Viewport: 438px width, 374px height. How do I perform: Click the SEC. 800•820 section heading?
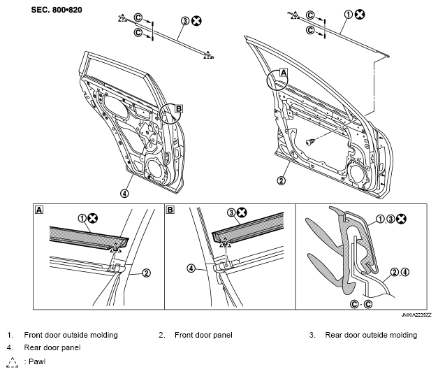tap(57, 10)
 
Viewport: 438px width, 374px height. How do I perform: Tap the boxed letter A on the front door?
tap(283, 73)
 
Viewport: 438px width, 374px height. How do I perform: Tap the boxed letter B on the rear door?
tap(179, 108)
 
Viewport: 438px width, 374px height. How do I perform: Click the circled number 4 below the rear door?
tap(124, 193)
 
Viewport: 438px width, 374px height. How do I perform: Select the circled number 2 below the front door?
tap(282, 180)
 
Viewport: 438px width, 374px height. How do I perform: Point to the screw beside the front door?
tap(310, 141)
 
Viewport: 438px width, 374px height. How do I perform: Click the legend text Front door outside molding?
tap(71, 335)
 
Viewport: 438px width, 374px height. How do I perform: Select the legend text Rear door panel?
tap(52, 347)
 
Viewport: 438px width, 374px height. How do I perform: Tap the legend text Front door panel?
tap(203, 335)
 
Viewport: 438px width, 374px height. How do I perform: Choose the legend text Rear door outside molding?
tap(371, 335)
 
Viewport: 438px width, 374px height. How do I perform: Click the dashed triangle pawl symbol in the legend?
tap(12, 363)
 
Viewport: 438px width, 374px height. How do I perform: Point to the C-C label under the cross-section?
tap(361, 304)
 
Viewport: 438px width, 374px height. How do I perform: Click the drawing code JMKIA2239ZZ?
tap(416, 315)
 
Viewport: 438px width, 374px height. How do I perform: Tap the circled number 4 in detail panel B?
tap(191, 268)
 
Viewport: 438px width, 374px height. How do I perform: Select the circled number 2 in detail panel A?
tap(147, 273)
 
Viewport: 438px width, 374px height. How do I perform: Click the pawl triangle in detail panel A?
tap(115, 247)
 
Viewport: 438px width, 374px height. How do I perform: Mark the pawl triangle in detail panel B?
tap(225, 243)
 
